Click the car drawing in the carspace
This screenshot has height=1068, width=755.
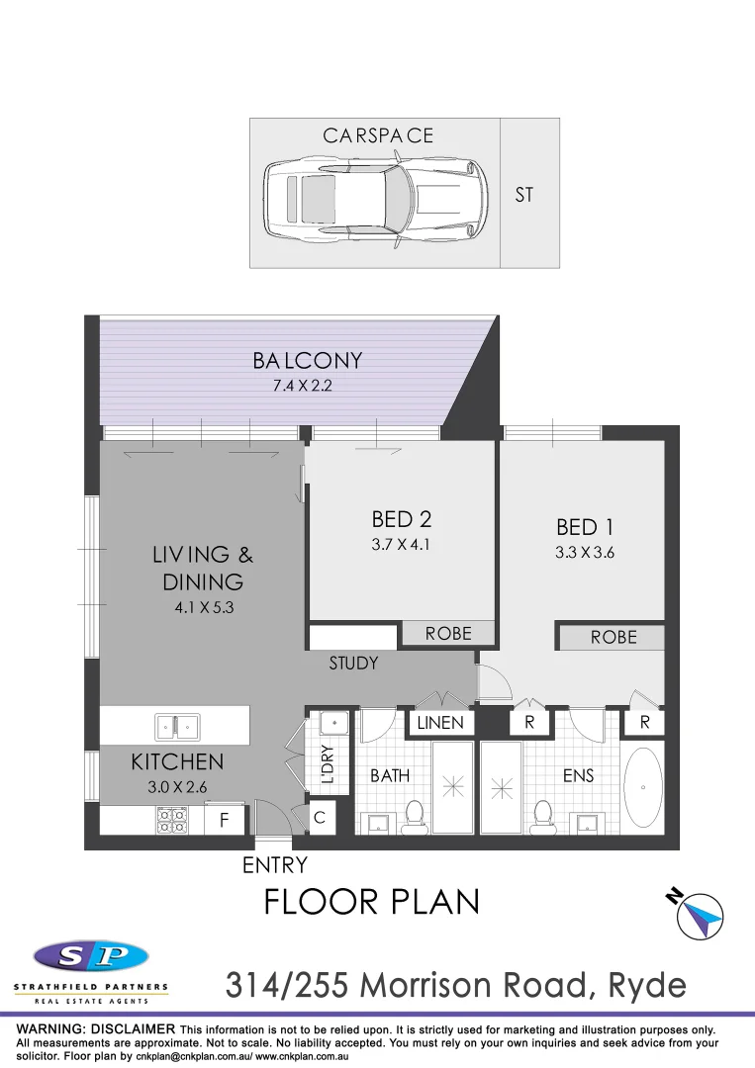pyautogui.click(x=377, y=200)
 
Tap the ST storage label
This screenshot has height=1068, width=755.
pyautogui.click(x=523, y=195)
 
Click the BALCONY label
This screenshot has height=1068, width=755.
pyautogui.click(x=307, y=361)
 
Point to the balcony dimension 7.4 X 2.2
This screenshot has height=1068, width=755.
pyautogui.click(x=303, y=386)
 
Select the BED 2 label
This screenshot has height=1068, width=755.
pyautogui.click(x=401, y=519)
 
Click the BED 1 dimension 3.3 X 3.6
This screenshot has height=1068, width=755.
pyautogui.click(x=585, y=553)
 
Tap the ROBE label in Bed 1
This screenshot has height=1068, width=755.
pyautogui.click(x=613, y=638)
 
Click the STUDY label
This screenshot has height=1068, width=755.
pyautogui.click(x=353, y=664)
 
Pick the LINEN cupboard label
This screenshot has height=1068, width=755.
pyautogui.click(x=440, y=723)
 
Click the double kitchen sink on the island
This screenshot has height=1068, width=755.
pyautogui.click(x=177, y=728)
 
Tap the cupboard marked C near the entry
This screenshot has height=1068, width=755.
pyautogui.click(x=320, y=818)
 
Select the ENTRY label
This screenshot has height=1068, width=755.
pyautogui.click(x=275, y=866)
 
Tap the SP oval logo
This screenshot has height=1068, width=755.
pyautogui.click(x=91, y=956)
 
